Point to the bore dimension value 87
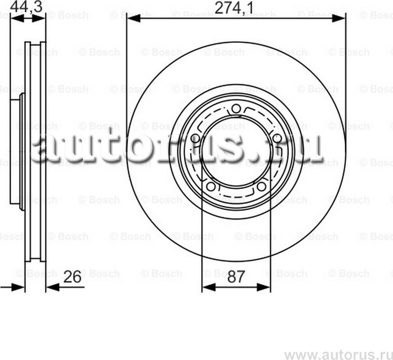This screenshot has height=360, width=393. [236, 277]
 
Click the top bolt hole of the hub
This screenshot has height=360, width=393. [236, 110]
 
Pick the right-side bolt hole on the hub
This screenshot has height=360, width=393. [277, 138]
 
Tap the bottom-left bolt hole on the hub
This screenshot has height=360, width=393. [211, 187]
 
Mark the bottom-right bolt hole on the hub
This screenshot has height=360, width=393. [262, 187]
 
